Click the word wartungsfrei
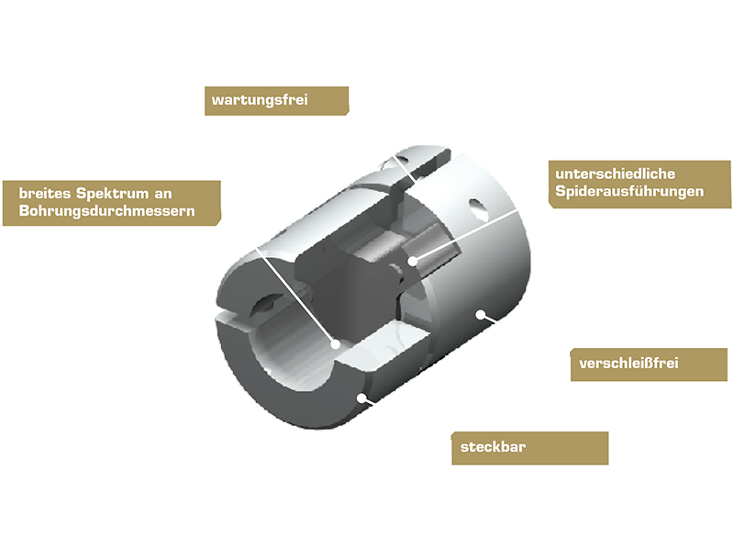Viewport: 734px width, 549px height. coord(260,100)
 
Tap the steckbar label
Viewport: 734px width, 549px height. coord(493,447)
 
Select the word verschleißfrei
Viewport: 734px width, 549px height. coord(628,363)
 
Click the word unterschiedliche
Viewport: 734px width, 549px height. coord(615,174)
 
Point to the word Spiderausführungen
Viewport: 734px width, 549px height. coord(629,191)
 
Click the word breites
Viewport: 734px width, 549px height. coord(44,193)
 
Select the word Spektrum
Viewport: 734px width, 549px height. coord(112,194)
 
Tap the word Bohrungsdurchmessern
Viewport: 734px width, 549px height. coord(106,211)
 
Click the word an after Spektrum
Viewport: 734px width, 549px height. coord(163,194)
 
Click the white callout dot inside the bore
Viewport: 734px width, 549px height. coord(335,344)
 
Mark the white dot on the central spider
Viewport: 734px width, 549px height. coord(412,261)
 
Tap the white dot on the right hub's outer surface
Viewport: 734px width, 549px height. coord(481,314)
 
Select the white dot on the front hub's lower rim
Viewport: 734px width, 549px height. coord(361,398)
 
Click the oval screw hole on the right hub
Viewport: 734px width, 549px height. coord(477,208)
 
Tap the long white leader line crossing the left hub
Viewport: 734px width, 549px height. coord(295,294)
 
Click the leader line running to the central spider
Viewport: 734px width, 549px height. coord(465,236)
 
